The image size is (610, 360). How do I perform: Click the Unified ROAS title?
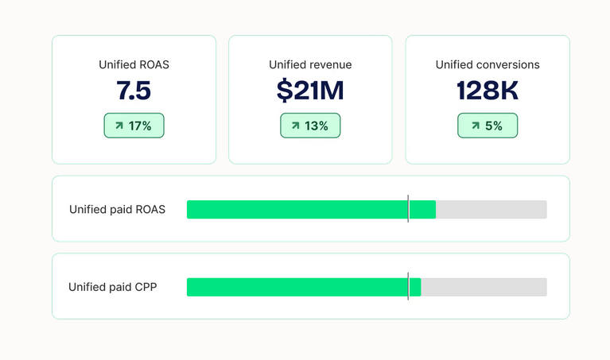click(134, 64)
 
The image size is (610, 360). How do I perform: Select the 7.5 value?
click(134, 91)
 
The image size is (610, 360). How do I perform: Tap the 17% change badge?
click(134, 126)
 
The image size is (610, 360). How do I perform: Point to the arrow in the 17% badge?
click(119, 126)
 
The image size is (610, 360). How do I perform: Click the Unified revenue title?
click(310, 64)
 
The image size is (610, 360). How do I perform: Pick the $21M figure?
click(310, 91)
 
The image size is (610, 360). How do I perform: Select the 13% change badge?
click(310, 126)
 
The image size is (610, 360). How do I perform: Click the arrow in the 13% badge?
click(296, 126)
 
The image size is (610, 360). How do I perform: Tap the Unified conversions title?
click(488, 64)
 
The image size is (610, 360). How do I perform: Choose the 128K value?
click(488, 91)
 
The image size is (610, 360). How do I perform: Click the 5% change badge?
click(488, 126)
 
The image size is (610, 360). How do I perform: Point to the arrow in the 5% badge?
click(476, 126)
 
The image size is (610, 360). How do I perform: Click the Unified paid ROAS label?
click(117, 210)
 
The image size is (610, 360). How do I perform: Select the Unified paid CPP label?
click(112, 287)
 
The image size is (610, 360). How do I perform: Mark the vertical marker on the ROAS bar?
click(408, 209)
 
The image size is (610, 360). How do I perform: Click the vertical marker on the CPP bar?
click(408, 287)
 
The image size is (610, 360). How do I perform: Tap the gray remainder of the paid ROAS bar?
click(491, 210)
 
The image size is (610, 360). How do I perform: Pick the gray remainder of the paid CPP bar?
click(484, 287)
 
